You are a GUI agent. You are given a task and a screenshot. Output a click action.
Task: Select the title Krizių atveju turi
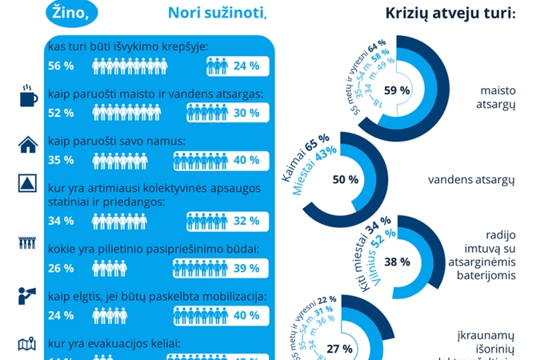450,14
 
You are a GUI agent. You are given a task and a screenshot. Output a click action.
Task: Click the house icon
28,145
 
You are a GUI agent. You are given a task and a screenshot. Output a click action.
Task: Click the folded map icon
28,345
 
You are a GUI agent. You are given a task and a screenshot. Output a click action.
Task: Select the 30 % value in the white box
246,113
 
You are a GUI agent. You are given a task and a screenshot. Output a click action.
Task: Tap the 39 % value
246,267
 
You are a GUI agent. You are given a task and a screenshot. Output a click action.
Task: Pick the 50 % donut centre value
345,179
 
